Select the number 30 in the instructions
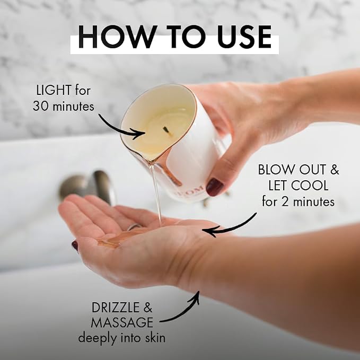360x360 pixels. tap(41, 107)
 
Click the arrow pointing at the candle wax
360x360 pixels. tap(119, 128)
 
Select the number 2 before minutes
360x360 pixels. tap(285, 202)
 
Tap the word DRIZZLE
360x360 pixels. tap(116, 308)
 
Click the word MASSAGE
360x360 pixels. tap(122, 322)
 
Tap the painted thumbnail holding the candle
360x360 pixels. tap(214, 187)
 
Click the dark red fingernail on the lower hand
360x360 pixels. tap(75, 246)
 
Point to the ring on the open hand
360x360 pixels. tap(134, 226)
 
